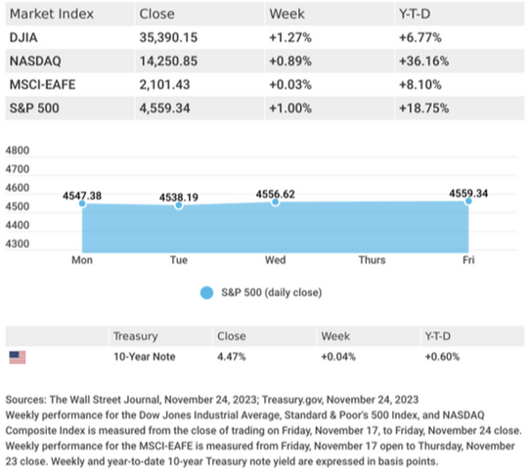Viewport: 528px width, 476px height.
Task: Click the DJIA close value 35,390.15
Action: click(168, 37)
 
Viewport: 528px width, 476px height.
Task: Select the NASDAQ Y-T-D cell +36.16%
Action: click(423, 61)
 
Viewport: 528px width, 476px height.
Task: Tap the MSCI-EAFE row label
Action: click(42, 84)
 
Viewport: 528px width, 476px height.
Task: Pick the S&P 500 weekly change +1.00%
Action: click(290, 108)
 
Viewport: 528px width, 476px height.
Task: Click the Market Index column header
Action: click(52, 14)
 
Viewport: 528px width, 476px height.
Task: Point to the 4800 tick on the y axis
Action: click(18, 151)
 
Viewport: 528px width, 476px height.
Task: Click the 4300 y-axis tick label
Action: click(18, 243)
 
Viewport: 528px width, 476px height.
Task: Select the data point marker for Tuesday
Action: click(179, 205)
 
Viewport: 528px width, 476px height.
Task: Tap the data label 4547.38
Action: click(82, 195)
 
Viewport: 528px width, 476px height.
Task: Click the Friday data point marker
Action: click(468, 201)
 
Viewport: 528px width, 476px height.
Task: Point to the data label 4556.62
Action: click(275, 194)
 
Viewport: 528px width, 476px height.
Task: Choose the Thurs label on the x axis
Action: click(372, 260)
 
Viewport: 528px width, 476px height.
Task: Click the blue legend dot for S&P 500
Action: click(206, 292)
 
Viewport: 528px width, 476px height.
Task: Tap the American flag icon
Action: click(18, 357)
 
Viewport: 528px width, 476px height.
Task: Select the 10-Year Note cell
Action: click(144, 357)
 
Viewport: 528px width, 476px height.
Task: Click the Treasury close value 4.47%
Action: click(232, 357)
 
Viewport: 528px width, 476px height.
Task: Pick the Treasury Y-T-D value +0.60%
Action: click(442, 357)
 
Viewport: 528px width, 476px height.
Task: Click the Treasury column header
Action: click(135, 336)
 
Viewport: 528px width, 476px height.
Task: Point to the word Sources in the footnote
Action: click(25, 400)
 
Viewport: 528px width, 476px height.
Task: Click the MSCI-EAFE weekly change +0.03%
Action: click(290, 84)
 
